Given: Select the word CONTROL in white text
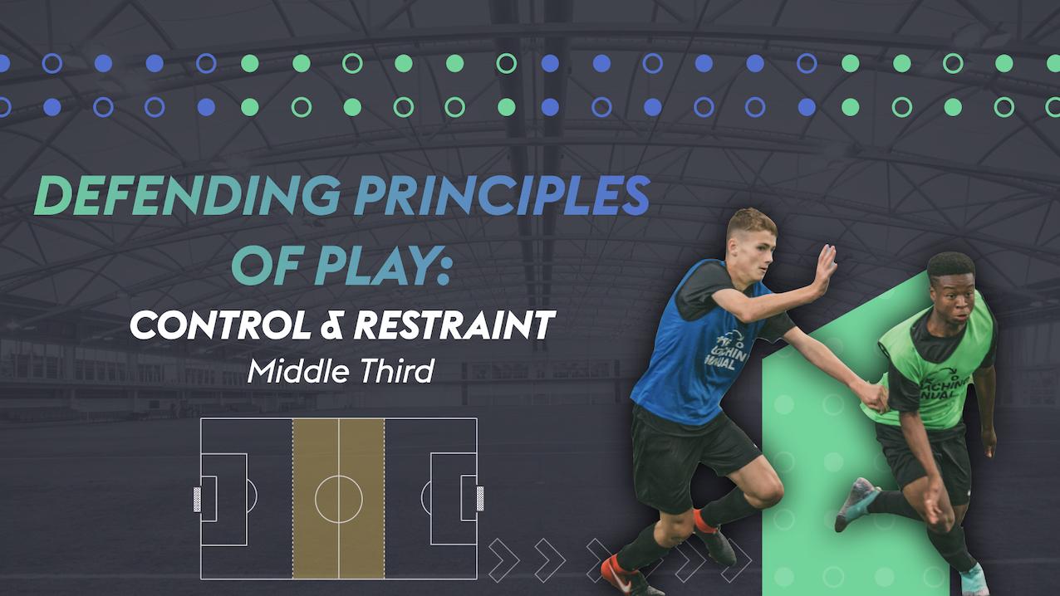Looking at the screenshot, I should [x=214, y=326].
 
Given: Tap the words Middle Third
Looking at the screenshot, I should [x=341, y=370].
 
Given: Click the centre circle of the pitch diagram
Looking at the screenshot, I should [x=338, y=499].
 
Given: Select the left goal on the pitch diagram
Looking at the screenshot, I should [x=197, y=499].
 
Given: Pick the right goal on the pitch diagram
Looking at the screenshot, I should [x=480, y=499].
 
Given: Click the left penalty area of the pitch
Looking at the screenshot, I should [x=224, y=499].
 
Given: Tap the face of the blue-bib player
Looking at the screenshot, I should [x=753, y=240].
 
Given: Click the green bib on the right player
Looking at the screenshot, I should [x=935, y=369].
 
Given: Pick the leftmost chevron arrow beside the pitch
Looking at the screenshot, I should [x=503, y=559].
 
